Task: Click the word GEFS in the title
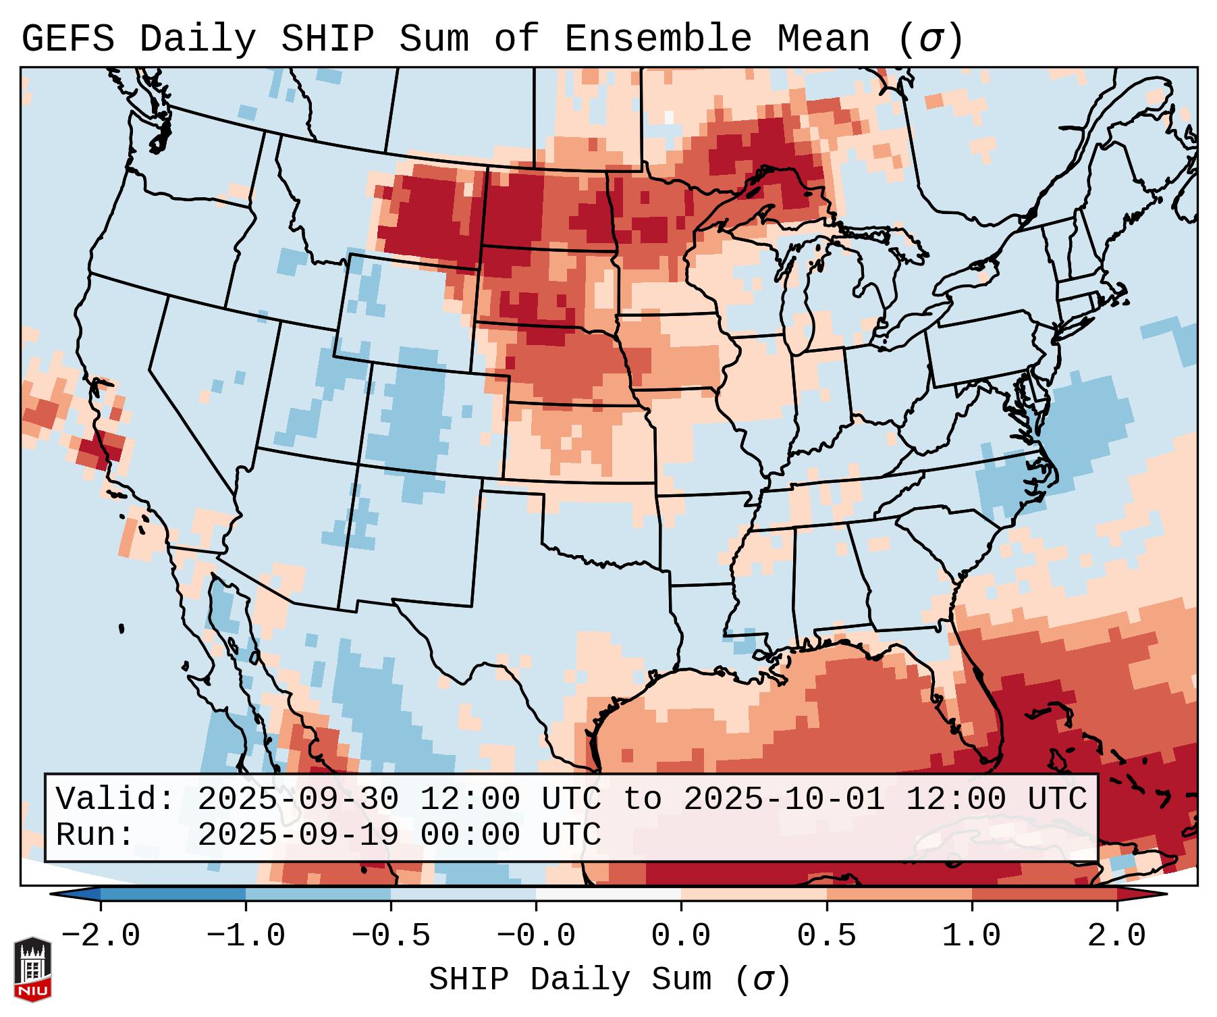67,39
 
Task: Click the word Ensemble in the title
657,39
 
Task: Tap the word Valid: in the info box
115,800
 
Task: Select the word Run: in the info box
95,835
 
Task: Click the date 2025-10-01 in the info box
784,800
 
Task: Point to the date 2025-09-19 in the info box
298,835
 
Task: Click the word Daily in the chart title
198,39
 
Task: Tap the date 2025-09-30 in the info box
298,800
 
